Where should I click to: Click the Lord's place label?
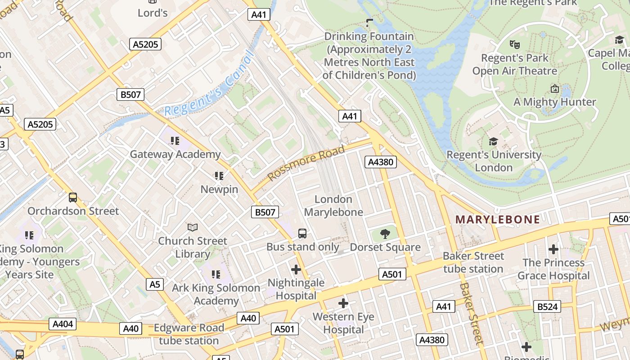click(x=153, y=13)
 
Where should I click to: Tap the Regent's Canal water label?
click(x=208, y=85)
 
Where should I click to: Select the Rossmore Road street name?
click(x=306, y=162)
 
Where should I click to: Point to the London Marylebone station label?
click(x=333, y=206)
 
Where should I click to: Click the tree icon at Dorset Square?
click(x=385, y=234)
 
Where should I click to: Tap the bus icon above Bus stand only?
click(x=302, y=234)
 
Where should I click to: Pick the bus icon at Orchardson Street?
click(x=73, y=198)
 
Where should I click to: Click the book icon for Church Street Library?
click(x=193, y=228)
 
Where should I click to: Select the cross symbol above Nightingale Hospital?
click(x=296, y=270)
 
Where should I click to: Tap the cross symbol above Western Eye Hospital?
click(x=343, y=303)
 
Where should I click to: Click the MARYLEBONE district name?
click(x=498, y=220)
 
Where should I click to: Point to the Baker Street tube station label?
click(x=473, y=262)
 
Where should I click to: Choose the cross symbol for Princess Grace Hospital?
click(x=553, y=249)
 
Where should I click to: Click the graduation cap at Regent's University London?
click(x=494, y=142)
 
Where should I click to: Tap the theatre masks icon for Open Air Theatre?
click(x=514, y=45)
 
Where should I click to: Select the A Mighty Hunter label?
click(x=555, y=102)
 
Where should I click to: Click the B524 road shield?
click(x=548, y=307)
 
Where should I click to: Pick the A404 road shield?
click(x=63, y=324)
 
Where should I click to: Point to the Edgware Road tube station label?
click(x=189, y=334)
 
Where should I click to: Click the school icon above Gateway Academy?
click(x=175, y=141)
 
